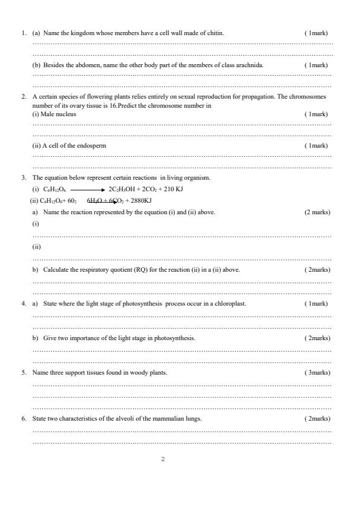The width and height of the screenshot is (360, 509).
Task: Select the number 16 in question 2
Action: click(107, 105)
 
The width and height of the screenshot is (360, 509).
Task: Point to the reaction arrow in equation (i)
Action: click(87, 189)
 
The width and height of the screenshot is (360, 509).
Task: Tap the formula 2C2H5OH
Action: click(120, 189)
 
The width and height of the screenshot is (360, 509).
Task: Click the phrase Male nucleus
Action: click(59, 114)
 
